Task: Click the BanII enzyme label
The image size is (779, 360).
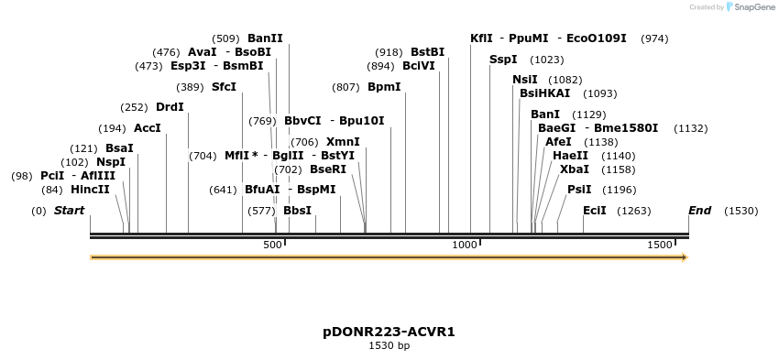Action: click(265, 38)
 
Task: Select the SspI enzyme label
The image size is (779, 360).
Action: click(503, 60)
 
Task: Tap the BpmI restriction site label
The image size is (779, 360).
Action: click(384, 87)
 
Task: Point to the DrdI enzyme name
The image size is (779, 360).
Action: click(170, 107)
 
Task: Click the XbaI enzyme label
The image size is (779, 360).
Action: click(575, 169)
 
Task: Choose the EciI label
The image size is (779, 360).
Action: click(595, 211)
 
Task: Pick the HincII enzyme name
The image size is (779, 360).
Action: click(90, 190)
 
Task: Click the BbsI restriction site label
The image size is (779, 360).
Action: click(297, 211)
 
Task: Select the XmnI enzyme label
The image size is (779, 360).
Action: click(343, 142)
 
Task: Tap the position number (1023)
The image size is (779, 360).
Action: click(547, 60)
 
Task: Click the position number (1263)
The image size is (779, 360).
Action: click(633, 211)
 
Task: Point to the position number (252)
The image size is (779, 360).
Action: click(134, 107)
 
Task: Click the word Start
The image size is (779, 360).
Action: click(69, 211)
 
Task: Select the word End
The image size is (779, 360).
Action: click(699, 211)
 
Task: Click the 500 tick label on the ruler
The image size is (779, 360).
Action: click(272, 245)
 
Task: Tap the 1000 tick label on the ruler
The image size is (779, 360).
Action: click(465, 245)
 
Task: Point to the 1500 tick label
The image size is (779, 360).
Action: click(659, 245)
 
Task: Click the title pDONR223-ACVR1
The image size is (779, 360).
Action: click(389, 331)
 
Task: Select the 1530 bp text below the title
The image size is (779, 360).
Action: click(389, 345)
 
